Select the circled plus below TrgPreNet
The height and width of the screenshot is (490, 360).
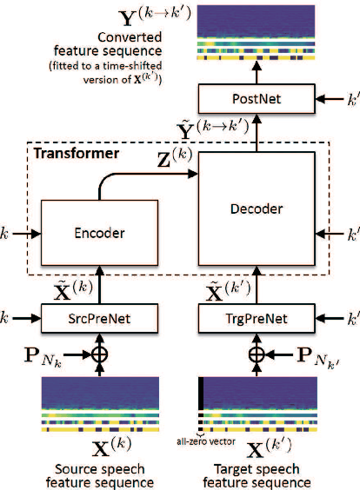point(255,355)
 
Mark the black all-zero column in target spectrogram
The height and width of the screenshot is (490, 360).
point(202,403)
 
